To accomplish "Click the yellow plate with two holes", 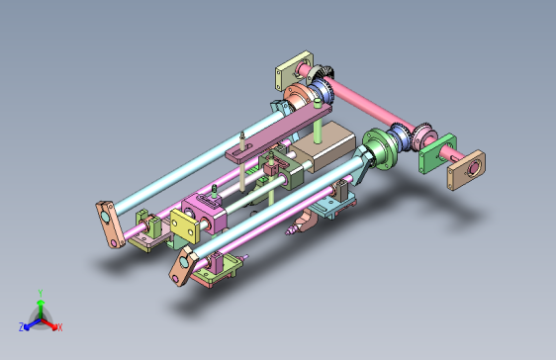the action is [x=184, y=226].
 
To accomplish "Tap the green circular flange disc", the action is [x=377, y=149].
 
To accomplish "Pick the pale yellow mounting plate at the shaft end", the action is [x=294, y=70].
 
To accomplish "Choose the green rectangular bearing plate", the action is [x=437, y=153].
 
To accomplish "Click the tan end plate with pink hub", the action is [x=467, y=170].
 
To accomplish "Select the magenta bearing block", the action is [x=204, y=214].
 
